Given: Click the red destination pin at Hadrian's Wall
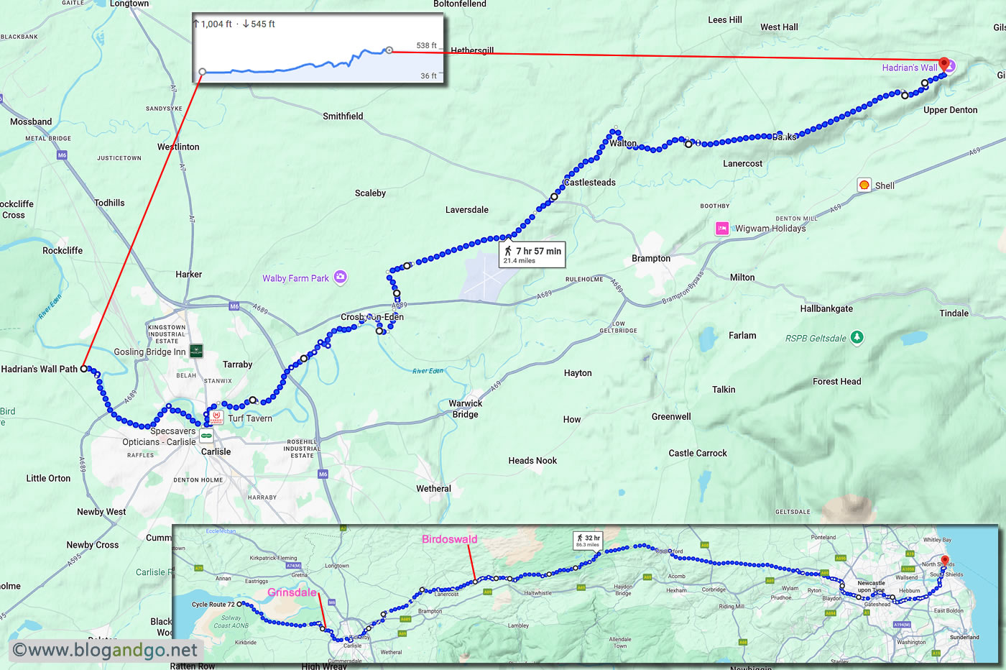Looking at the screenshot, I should coord(943,64).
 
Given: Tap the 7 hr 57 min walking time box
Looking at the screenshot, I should coord(532,254).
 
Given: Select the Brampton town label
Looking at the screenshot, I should coord(651,259).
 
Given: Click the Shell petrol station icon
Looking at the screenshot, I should coord(864,185).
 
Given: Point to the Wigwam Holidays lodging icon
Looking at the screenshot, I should coord(722,229).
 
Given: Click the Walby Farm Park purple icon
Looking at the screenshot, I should coord(341,277).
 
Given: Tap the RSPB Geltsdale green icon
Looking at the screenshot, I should coord(857,337).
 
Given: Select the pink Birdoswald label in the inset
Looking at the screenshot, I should coord(449,539).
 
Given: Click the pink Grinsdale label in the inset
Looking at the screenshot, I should coord(292,592).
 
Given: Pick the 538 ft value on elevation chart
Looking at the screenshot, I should coord(426,45).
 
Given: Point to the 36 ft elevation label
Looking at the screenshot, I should coord(428,75).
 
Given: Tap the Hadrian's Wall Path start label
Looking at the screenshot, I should coord(40,369).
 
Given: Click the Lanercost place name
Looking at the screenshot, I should coord(742,164).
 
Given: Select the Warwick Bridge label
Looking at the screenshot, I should coord(465,408).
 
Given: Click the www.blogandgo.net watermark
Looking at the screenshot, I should coord(105,650).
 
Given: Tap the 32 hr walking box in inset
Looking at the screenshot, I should coord(588,540).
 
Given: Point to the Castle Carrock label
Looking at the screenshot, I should coord(697,453).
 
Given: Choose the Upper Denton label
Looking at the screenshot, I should coord(950,110).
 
